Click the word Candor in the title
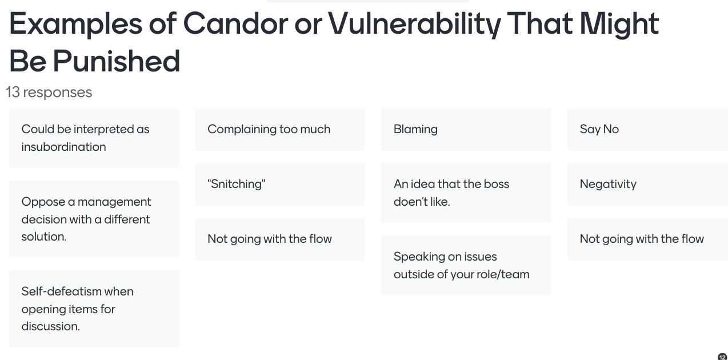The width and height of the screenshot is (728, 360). click(x=235, y=24)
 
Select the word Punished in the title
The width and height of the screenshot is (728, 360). click(x=117, y=61)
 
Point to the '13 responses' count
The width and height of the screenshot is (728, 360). click(x=49, y=92)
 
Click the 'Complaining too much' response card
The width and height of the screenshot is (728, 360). click(x=280, y=129)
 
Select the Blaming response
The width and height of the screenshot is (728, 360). click(x=466, y=129)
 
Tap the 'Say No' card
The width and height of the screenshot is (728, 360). click(x=647, y=129)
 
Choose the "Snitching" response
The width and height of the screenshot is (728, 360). click(x=280, y=184)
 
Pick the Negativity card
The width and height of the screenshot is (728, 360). click(x=647, y=184)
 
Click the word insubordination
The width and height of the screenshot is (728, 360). click(x=63, y=147)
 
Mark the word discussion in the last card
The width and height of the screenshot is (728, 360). click(x=51, y=326)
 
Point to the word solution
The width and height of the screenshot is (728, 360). click(x=44, y=237)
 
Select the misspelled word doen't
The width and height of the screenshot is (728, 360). click(x=408, y=202)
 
